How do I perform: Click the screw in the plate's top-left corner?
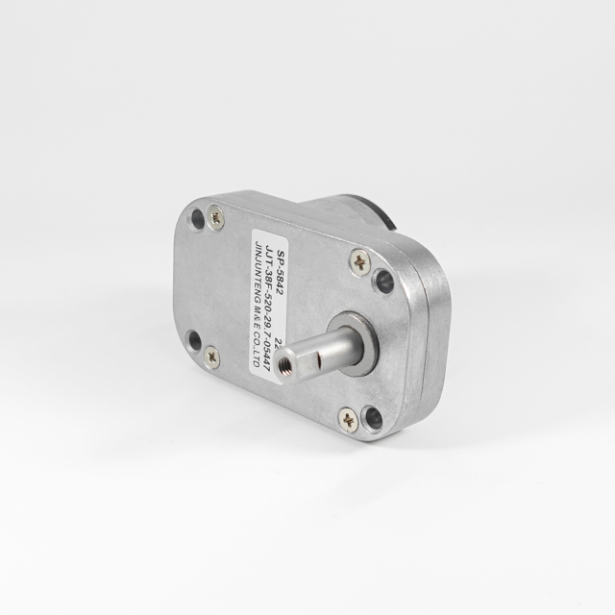[216, 219]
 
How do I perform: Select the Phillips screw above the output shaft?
[358, 259]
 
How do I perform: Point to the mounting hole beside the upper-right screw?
[382, 281]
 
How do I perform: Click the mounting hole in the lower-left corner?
[193, 339]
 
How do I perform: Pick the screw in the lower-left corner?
[211, 357]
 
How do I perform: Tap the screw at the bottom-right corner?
[348, 419]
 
